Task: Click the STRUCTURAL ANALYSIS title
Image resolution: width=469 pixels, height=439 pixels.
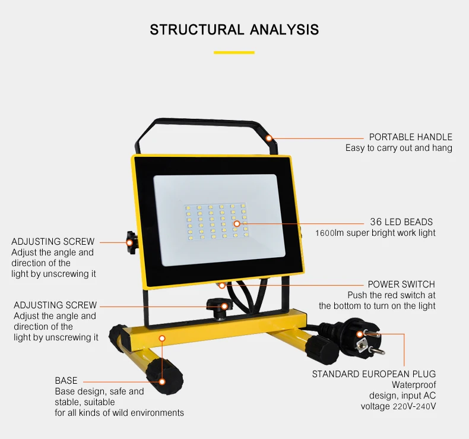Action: pos(234,30)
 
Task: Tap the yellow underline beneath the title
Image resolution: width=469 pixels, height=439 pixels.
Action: pos(234,53)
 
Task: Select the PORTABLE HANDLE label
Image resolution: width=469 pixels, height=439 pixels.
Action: pos(410,137)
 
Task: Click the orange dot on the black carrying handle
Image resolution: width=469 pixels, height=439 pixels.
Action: pos(269,138)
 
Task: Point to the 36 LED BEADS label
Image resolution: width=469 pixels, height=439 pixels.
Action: pos(401,222)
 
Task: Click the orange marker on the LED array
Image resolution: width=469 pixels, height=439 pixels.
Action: pos(237,223)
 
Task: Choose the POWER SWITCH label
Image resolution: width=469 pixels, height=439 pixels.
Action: pos(401,285)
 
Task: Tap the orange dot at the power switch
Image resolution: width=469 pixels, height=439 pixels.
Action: pos(222,286)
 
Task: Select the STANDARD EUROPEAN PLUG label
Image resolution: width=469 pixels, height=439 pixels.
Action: pos(374,374)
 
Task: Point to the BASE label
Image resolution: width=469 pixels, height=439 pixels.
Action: pos(66,381)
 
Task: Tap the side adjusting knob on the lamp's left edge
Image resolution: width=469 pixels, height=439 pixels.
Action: pos(131,242)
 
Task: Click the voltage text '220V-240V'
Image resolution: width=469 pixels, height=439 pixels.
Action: pos(414,406)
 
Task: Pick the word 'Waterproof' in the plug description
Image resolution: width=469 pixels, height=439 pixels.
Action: pos(414,385)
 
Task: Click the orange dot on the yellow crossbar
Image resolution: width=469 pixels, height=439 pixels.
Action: pos(162,339)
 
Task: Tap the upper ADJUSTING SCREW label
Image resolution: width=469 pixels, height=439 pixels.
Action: pos(53,242)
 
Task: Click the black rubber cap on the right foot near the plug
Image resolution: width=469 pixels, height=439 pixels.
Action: pos(322,349)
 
